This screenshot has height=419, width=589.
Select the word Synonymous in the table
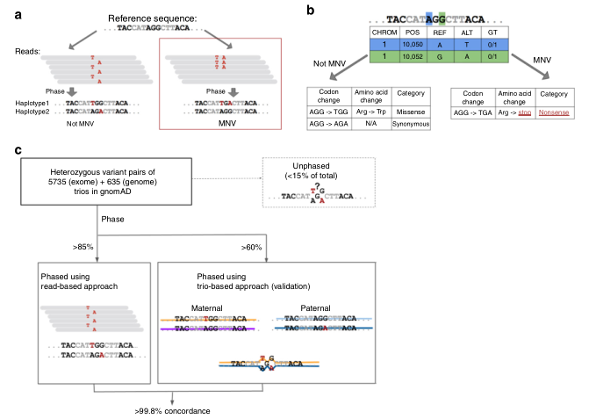(411, 125)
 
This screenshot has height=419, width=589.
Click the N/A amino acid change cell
(370, 125)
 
